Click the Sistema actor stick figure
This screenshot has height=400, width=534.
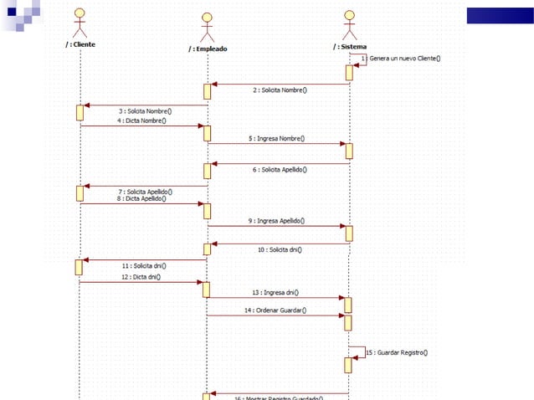349,22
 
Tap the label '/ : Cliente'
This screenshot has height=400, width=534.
80,44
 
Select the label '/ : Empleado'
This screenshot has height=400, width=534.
207,49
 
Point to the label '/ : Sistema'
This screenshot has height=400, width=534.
349,47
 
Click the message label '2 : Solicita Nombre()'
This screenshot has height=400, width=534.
279,90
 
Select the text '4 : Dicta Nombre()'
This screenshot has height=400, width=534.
141,121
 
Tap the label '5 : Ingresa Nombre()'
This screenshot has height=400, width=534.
276,138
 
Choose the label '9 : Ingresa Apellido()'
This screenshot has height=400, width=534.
276,221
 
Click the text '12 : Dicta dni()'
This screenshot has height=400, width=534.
141,277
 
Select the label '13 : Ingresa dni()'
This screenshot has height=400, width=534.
276,293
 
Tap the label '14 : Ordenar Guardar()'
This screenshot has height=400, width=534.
276,310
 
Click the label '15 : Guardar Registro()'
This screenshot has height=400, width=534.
398,352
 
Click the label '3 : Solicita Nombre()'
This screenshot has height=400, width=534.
145,110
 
